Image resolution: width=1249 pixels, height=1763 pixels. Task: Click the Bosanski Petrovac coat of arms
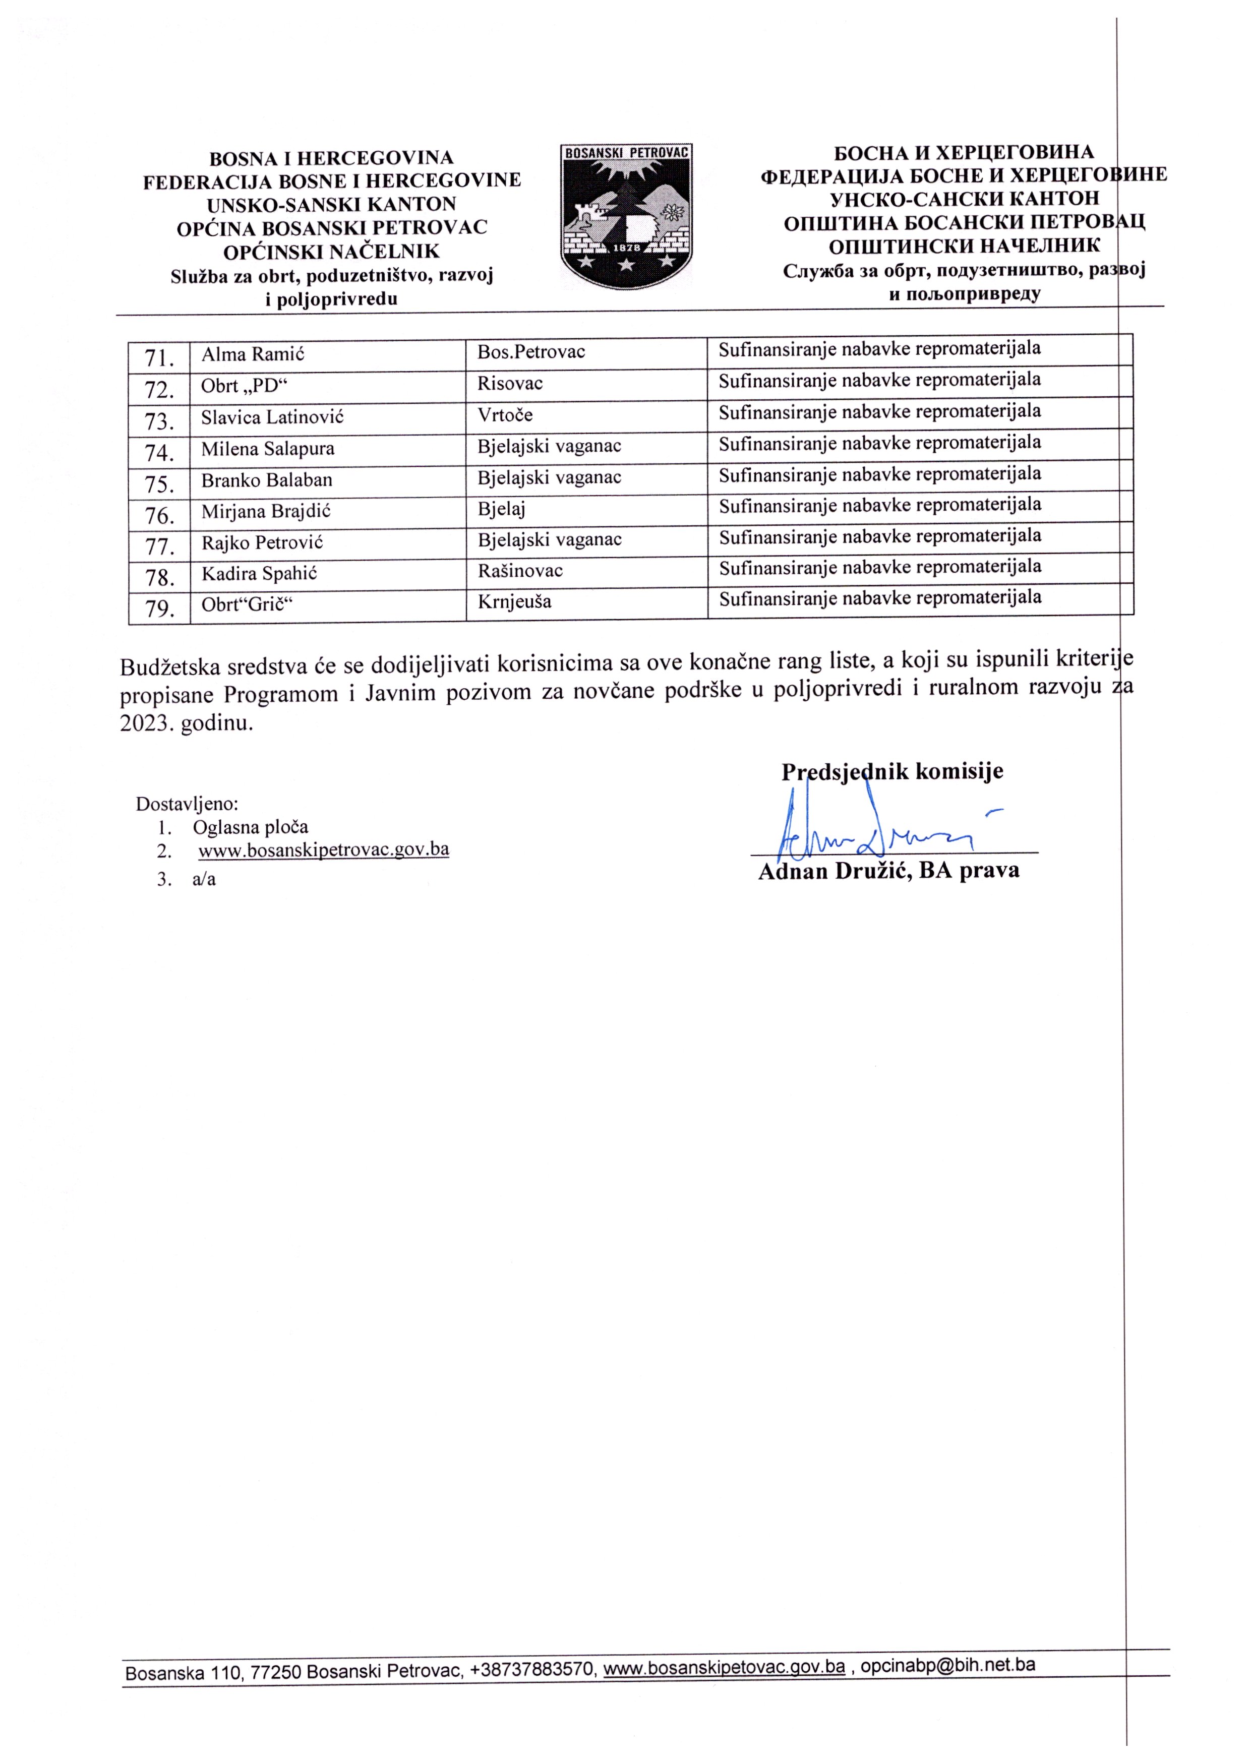click(626, 216)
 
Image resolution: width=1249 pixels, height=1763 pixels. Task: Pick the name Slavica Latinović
click(272, 417)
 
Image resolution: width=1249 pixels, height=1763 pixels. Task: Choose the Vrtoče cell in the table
click(505, 415)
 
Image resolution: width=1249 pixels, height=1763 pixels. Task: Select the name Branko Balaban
click(267, 480)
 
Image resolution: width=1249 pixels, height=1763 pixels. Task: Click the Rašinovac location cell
click(520, 571)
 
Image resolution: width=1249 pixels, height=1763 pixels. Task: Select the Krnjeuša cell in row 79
click(514, 601)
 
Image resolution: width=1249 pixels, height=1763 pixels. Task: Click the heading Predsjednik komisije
click(892, 772)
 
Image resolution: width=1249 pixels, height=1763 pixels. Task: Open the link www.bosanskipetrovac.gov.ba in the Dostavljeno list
click(324, 849)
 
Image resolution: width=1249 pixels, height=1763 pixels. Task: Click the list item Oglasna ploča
click(251, 827)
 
